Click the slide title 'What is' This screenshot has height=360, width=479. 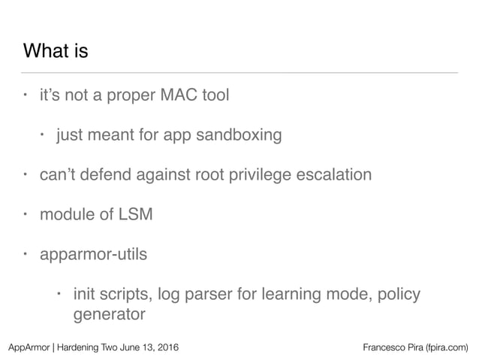pos(56,52)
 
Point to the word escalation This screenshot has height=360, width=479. pos(335,175)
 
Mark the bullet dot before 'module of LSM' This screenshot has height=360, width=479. pos(25,214)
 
